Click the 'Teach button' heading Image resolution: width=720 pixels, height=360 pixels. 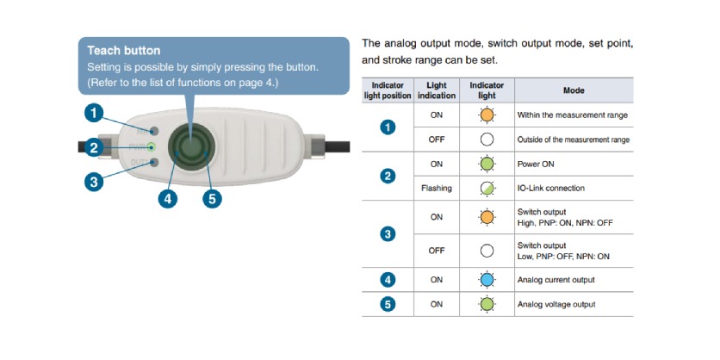point(124,51)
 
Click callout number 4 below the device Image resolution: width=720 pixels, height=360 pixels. point(168,199)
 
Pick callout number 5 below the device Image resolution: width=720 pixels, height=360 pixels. point(211,199)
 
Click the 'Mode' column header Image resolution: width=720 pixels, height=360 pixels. point(573,90)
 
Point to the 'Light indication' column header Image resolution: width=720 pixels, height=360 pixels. point(437,90)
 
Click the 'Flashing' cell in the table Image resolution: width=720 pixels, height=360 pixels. point(437,188)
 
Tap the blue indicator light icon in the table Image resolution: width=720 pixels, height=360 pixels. point(487,280)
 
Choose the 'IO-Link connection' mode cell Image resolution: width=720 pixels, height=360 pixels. point(550,188)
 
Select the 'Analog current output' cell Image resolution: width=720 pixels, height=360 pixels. point(556,280)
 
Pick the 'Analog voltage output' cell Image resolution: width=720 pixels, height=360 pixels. point(556,304)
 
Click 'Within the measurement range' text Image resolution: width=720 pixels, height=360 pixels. point(572,115)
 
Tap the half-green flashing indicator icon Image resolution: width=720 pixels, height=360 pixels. point(487,188)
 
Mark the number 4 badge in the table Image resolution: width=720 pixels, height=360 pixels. point(388,280)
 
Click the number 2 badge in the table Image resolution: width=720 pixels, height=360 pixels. point(388,176)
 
